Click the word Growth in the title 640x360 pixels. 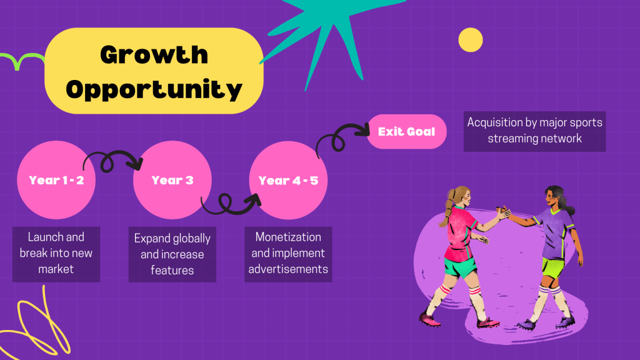point(154,55)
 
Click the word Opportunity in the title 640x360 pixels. point(154,89)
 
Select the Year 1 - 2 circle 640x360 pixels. point(56,180)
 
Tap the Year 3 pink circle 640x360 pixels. point(172,180)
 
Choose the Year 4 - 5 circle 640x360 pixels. point(288,180)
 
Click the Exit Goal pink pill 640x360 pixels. point(406,131)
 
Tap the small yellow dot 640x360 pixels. point(471,40)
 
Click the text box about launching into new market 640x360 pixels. point(56,254)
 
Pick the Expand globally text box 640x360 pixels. point(172,254)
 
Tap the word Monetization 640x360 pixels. point(288,237)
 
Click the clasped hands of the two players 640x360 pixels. point(504,212)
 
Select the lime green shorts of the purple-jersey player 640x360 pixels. point(552,267)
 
